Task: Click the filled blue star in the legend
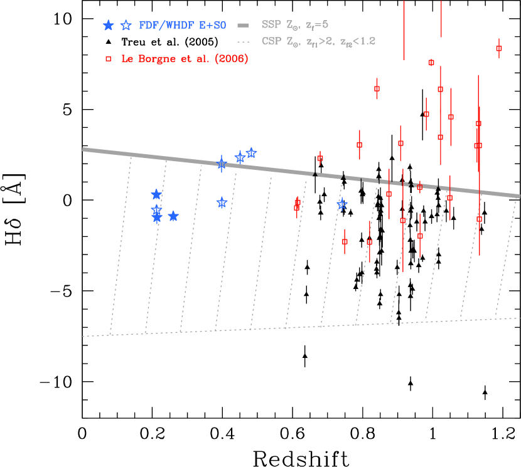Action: [108, 25]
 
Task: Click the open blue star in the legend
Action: [126, 25]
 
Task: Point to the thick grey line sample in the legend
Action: [244, 25]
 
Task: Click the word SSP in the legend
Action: [271, 25]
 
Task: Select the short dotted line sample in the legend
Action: [244, 41]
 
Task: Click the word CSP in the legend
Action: [271, 41]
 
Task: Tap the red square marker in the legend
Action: [108, 58]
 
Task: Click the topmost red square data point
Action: [499, 48]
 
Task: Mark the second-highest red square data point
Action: [431, 62]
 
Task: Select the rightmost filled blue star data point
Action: [173, 216]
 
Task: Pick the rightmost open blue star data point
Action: [341, 204]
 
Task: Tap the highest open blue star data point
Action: [251, 152]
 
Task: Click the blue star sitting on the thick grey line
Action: [221, 164]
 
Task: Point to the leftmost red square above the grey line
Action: [320, 158]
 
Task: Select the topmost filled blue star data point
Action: [156, 194]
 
